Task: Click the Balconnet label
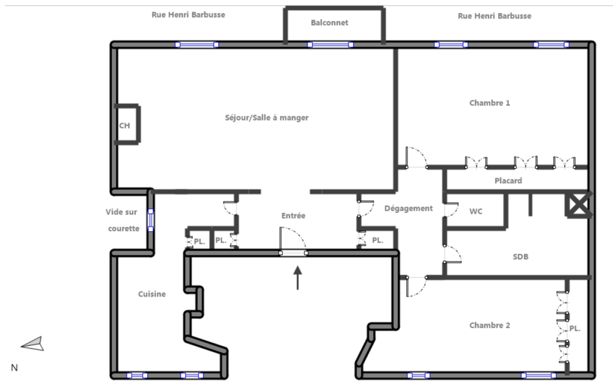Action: point(329,23)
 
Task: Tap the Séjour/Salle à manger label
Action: point(267,118)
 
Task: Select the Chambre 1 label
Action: point(489,103)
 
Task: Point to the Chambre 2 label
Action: point(489,325)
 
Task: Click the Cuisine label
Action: point(152,294)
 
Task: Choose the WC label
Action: point(476,211)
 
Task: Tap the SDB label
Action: point(520,257)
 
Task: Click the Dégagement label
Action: point(408,209)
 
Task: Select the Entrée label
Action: point(293,215)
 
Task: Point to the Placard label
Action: point(508,181)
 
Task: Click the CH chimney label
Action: point(124,126)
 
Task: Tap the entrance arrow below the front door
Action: point(297,278)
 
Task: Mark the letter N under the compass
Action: point(14,368)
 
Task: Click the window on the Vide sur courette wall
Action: point(151,220)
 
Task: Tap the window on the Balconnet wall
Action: point(330,45)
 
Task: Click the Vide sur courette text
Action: point(122,220)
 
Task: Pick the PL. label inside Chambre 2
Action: point(575,329)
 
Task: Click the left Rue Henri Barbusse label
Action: point(188,15)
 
